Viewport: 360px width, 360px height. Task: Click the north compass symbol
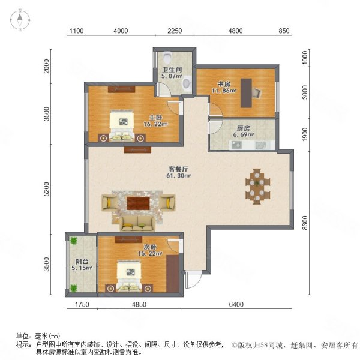pos(20,20)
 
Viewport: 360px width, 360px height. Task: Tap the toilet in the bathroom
pos(167,58)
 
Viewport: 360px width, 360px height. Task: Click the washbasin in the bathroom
pos(187,84)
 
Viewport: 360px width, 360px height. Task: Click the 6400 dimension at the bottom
pos(236,305)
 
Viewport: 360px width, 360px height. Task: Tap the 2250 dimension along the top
pos(175,31)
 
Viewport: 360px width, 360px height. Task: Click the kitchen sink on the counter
pos(259,145)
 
